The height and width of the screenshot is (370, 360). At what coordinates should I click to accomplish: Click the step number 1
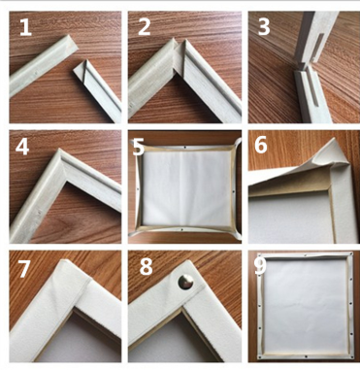25,27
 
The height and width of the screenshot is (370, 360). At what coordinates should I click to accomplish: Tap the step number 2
145,27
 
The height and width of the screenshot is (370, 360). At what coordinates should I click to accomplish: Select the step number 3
264,27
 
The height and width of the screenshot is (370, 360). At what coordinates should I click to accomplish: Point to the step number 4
22,147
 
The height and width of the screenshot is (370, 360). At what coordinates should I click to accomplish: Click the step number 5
139,147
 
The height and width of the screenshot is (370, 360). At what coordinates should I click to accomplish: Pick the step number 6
261,145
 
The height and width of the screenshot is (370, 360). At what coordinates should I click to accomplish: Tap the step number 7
24,268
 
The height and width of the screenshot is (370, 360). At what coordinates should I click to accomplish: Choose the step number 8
146,267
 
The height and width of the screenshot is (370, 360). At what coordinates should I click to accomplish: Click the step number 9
261,266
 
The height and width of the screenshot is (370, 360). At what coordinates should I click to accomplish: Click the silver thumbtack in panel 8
185,282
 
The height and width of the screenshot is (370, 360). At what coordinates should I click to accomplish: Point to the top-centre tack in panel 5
184,148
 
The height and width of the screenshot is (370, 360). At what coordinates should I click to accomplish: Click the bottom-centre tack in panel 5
182,229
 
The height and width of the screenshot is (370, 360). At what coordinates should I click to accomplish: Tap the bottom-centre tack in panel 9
306,357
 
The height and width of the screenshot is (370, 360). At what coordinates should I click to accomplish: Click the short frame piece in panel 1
97,89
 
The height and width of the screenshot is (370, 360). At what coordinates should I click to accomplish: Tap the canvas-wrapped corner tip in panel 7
65,261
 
